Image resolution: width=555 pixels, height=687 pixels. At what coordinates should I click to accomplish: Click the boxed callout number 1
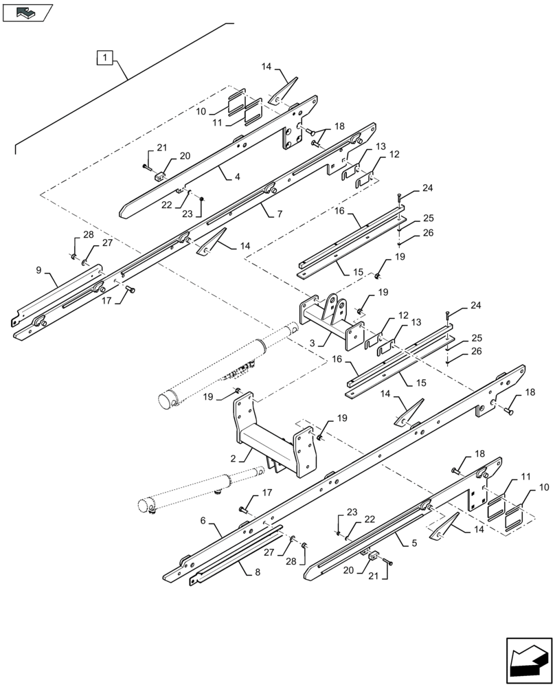[104, 57]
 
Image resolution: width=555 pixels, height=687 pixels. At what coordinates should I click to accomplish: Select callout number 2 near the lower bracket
[233, 458]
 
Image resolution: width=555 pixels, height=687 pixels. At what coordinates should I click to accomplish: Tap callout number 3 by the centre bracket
[313, 341]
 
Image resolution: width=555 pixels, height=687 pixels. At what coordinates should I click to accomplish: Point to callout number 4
[237, 177]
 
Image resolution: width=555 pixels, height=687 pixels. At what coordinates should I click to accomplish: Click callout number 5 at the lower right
[414, 543]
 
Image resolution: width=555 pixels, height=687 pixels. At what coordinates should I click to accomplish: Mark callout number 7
[280, 214]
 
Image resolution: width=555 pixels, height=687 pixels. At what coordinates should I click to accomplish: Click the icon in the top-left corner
[27, 12]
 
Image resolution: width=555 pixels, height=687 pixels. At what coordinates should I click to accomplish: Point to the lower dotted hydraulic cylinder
[203, 489]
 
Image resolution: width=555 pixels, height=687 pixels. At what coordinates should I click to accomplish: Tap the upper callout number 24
[427, 188]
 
